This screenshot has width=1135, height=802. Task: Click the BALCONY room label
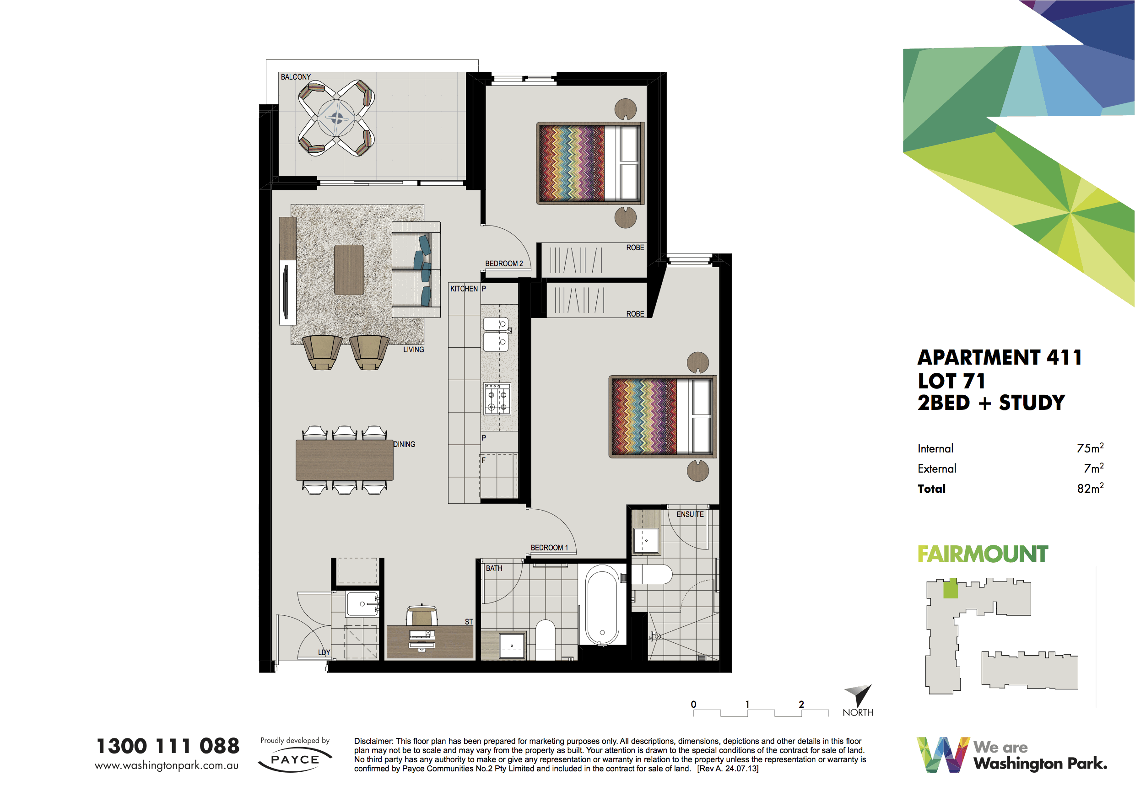click(x=296, y=77)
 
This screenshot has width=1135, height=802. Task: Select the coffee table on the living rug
click(x=349, y=270)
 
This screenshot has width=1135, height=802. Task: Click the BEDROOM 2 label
click(x=504, y=264)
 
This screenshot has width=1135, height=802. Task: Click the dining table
click(x=345, y=460)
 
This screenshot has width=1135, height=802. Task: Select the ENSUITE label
click(x=690, y=514)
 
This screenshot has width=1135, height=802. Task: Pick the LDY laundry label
click(x=324, y=653)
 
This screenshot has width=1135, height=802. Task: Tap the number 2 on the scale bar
click(x=801, y=704)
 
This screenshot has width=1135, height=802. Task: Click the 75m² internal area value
click(x=1090, y=448)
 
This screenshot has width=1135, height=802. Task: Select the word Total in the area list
click(x=931, y=489)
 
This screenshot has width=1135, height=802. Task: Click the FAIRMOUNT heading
click(x=983, y=554)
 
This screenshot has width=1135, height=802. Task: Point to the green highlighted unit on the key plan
click(x=950, y=589)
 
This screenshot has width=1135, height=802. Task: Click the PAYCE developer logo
click(x=295, y=760)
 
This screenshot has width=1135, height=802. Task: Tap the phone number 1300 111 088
click(x=168, y=746)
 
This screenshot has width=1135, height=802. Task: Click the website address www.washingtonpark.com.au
click(x=167, y=765)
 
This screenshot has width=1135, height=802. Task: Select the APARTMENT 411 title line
click(x=1000, y=357)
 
